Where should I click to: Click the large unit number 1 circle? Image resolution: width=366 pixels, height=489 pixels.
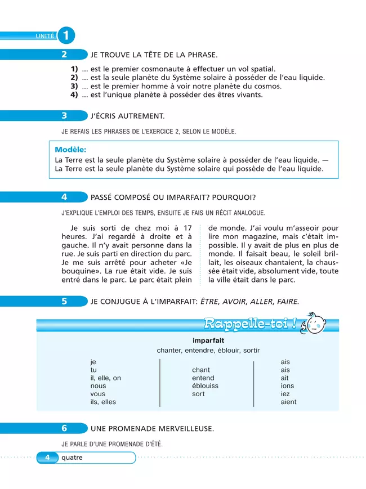[65, 35]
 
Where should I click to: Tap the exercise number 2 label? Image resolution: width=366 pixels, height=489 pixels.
[64, 55]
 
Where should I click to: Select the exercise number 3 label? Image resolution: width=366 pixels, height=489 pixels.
[64, 116]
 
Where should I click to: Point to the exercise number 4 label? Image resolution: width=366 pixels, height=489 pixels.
[64, 197]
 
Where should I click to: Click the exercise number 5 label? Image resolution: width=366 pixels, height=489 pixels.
[64, 301]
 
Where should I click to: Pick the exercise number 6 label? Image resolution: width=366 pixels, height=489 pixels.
[64, 428]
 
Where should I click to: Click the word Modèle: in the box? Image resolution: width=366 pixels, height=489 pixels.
[70, 150]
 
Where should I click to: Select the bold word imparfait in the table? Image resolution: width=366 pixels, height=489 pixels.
[208, 340]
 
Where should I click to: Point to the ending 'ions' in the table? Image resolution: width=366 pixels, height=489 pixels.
[287, 386]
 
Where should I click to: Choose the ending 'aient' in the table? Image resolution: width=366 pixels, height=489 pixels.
[288, 402]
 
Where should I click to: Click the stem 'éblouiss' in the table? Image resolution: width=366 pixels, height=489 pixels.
[205, 386]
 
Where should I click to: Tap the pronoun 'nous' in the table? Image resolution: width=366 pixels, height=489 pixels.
[98, 386]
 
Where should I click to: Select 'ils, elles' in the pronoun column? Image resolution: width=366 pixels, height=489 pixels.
[103, 402]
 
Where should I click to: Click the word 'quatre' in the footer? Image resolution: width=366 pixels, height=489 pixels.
[72, 457]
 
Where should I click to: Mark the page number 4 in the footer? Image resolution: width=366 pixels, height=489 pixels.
[48, 457]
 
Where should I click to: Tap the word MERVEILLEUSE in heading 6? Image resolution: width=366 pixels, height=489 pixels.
[181, 429]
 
